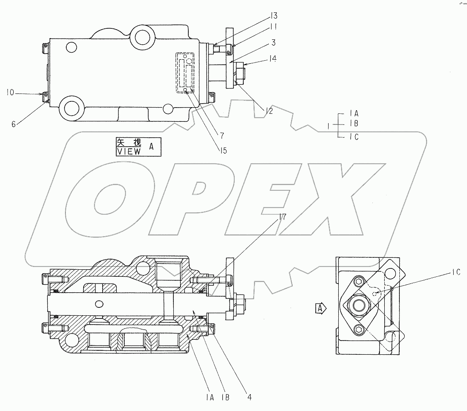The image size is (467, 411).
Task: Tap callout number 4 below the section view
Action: [x=249, y=397]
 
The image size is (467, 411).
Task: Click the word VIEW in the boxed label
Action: [x=128, y=151]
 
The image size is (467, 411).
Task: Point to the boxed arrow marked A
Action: [x=321, y=307]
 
